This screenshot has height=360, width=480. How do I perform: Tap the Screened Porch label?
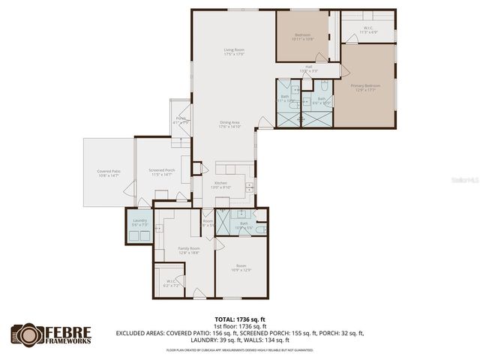(x=161, y=172)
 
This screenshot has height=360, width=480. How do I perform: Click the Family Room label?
(x=188, y=250)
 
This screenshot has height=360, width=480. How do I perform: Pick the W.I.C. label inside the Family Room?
(x=171, y=283)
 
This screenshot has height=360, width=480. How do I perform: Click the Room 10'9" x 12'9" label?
(x=241, y=268)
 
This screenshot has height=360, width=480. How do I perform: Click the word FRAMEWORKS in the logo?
(x=68, y=340)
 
